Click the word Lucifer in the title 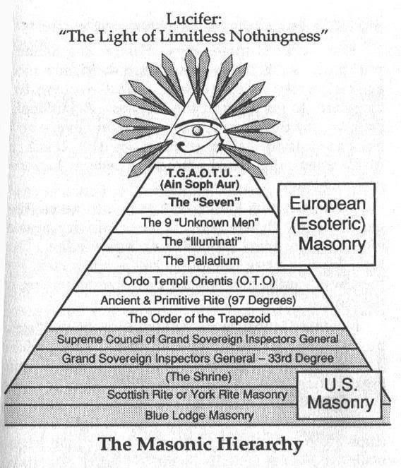tap(193, 19)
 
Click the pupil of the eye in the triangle tap(197, 131)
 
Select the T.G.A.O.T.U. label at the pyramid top tap(199, 174)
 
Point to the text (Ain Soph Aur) tap(200, 184)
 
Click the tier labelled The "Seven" tap(205, 202)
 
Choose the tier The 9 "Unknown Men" tap(200, 222)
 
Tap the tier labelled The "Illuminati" tap(202, 241)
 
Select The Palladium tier tap(201, 260)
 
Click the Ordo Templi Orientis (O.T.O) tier tap(199, 281)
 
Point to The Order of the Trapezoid tap(199, 318)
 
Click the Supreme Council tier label tap(198, 339)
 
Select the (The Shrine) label tap(198, 377)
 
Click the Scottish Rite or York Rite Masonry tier tap(197, 395)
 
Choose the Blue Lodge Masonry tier tap(199, 416)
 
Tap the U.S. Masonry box tap(340, 395)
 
